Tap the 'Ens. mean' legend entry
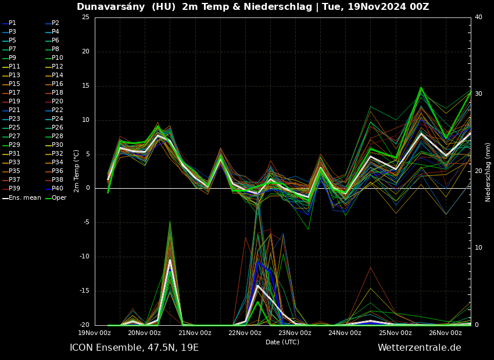[21, 198]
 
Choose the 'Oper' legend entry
[59, 198]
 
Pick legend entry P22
[55, 110]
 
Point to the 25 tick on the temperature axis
[85, 17]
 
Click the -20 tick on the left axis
[84, 325]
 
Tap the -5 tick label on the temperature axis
[85, 222]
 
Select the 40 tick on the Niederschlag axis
[478, 17]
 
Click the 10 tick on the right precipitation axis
[478, 248]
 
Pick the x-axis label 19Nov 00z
[94, 333]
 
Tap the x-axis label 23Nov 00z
[295, 333]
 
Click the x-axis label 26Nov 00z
[445, 333]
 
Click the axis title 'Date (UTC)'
[282, 342]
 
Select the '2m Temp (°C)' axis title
[77, 171]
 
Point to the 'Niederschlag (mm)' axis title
[488, 172]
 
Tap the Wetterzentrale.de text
[419, 348]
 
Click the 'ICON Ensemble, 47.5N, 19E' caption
[134, 348]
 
